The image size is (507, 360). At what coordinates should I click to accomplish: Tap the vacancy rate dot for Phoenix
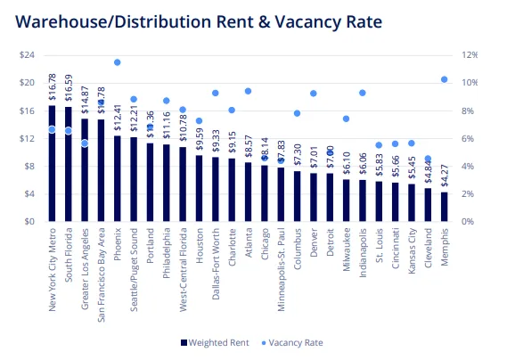tap(117, 62)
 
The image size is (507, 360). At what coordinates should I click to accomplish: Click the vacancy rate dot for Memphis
tap(444, 79)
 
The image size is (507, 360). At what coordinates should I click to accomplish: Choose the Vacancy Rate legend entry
tap(293, 342)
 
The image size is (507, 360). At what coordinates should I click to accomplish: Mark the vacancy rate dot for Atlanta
tap(248, 91)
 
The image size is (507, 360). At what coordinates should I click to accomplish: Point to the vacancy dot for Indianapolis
tap(362, 93)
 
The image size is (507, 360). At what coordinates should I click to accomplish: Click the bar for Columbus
tap(297, 196)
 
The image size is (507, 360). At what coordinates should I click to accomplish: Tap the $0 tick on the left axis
tap(29, 221)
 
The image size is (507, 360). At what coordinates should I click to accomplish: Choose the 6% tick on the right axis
tap(467, 138)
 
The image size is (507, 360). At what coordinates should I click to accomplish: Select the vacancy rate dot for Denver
tap(313, 94)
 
